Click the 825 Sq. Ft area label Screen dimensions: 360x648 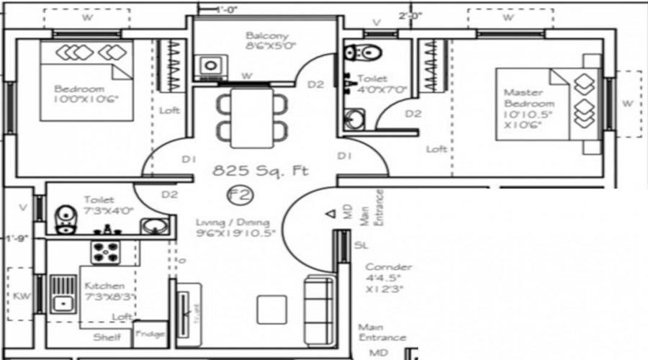(260, 171)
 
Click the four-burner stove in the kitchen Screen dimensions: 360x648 (107, 253)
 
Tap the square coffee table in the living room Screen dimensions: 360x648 (270, 310)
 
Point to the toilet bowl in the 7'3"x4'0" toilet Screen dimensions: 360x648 (66, 218)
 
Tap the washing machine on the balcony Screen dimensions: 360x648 (211, 65)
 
